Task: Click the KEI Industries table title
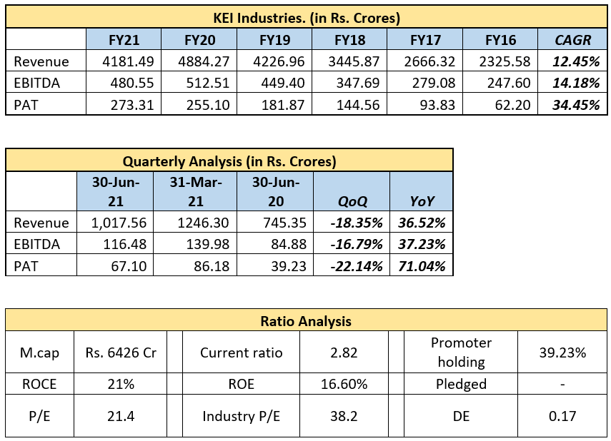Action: [x=306, y=17]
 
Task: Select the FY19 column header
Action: [x=275, y=39]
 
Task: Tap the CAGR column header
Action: [x=573, y=39]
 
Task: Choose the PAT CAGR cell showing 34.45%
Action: [x=575, y=105]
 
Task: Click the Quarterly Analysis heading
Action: [x=229, y=161]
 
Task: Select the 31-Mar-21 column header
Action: [x=194, y=191]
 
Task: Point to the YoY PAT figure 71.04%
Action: [x=422, y=266]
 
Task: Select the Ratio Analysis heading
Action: [x=306, y=321]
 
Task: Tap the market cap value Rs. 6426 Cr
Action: [x=121, y=353]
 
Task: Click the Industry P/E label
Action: [x=241, y=416]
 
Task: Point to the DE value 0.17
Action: [x=562, y=416]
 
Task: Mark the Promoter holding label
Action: [x=462, y=353]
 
